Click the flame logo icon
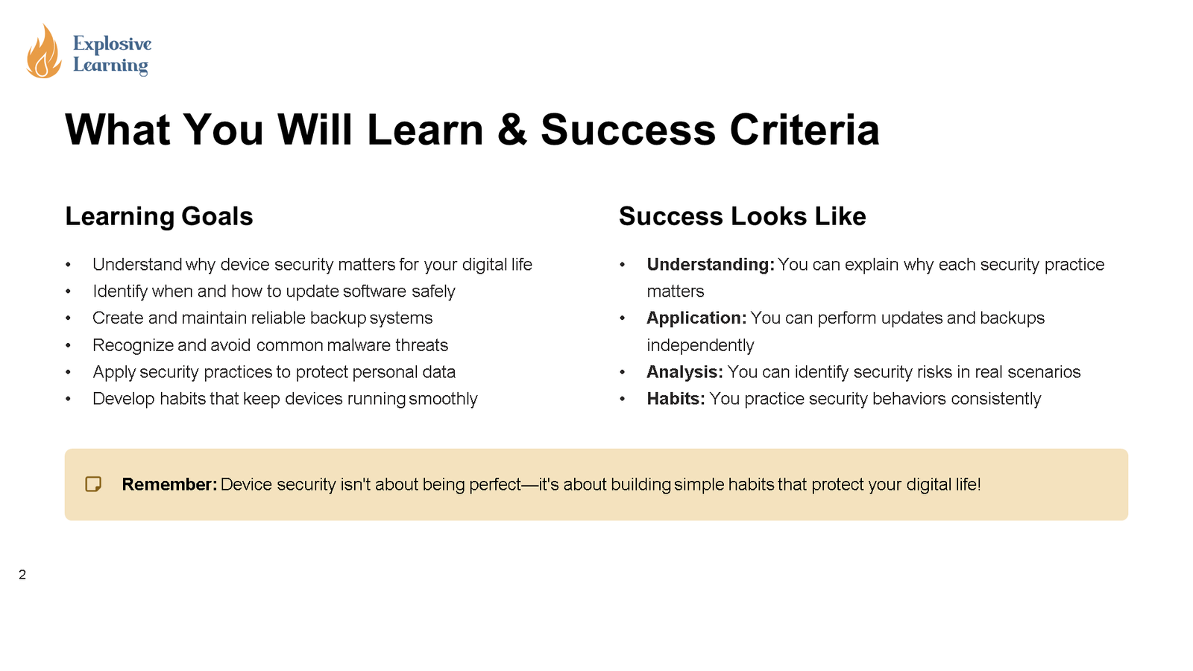[x=43, y=52]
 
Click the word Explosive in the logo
[x=112, y=44]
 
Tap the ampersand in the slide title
[x=511, y=130]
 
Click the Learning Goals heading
[x=159, y=216]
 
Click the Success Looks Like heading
[x=742, y=216]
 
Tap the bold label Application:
[x=696, y=318]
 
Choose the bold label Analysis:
[x=684, y=372]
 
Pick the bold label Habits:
[x=675, y=399]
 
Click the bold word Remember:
[x=169, y=485]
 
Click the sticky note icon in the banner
[x=93, y=485]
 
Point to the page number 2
[x=22, y=575]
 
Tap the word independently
[x=700, y=345]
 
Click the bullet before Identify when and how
[x=69, y=292]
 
